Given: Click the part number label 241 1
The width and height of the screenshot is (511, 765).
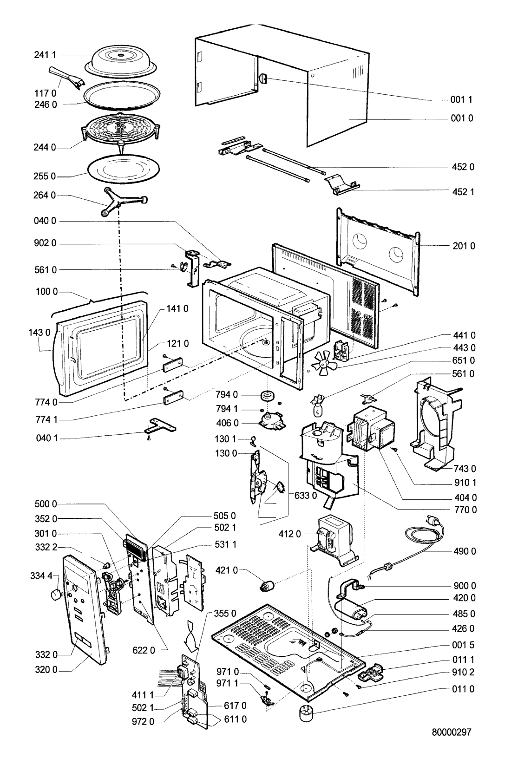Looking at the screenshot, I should point(45,55).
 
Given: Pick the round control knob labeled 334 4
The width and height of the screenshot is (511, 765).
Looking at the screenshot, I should point(56,593).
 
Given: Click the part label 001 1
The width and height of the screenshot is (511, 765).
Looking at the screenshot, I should point(461,99).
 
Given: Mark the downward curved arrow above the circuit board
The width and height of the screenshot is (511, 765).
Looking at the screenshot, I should point(193,635).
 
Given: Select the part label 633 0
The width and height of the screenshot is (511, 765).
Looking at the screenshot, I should point(306,495).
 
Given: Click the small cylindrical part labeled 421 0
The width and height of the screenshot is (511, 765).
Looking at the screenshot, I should point(266,586).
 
